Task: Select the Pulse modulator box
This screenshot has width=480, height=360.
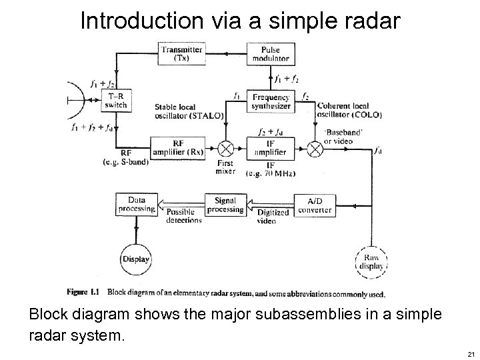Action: tap(271, 54)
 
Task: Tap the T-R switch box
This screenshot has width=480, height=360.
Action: tap(117, 100)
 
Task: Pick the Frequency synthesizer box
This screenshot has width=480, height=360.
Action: tap(271, 101)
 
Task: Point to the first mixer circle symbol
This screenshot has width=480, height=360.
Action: tap(226, 147)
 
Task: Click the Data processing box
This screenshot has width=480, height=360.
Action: tap(136, 204)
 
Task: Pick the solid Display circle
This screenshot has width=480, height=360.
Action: tap(136, 259)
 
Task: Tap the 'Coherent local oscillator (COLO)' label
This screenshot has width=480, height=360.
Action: tap(349, 110)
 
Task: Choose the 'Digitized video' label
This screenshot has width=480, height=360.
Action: tap(273, 217)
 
